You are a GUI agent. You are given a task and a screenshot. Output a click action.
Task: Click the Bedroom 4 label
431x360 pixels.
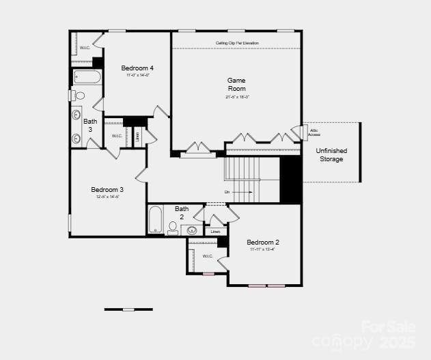[x=137, y=68]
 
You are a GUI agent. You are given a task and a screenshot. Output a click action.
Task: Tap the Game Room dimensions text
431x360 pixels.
[x=237, y=97]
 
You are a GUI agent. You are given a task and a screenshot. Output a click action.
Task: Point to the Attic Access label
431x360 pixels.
[x=314, y=133]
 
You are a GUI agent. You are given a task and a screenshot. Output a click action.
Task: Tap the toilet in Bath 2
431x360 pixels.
[x=172, y=227]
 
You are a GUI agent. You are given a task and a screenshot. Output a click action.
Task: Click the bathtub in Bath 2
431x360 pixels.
[x=156, y=220]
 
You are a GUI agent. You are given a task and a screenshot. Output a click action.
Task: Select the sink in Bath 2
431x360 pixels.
[x=193, y=230]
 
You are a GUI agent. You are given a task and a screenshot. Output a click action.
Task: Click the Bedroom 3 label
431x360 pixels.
[x=107, y=190]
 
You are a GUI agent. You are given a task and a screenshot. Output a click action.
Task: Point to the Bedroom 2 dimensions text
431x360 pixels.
[x=262, y=249]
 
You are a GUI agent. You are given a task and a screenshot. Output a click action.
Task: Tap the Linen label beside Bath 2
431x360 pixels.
[x=215, y=232]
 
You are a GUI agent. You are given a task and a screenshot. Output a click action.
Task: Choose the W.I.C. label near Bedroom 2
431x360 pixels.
[x=208, y=256]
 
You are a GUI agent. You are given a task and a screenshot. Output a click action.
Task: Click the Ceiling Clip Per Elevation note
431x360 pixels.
[x=237, y=43]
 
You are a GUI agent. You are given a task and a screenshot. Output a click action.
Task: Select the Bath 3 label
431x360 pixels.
[x=90, y=125]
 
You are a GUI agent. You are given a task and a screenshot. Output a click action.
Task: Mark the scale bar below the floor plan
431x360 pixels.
[x=128, y=309]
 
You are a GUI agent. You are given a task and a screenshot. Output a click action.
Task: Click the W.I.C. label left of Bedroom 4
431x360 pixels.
[x=85, y=48]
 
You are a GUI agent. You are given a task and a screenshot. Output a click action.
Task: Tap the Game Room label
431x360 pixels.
[x=236, y=84]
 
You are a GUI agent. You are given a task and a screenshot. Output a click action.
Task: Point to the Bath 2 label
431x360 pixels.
[x=182, y=212]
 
